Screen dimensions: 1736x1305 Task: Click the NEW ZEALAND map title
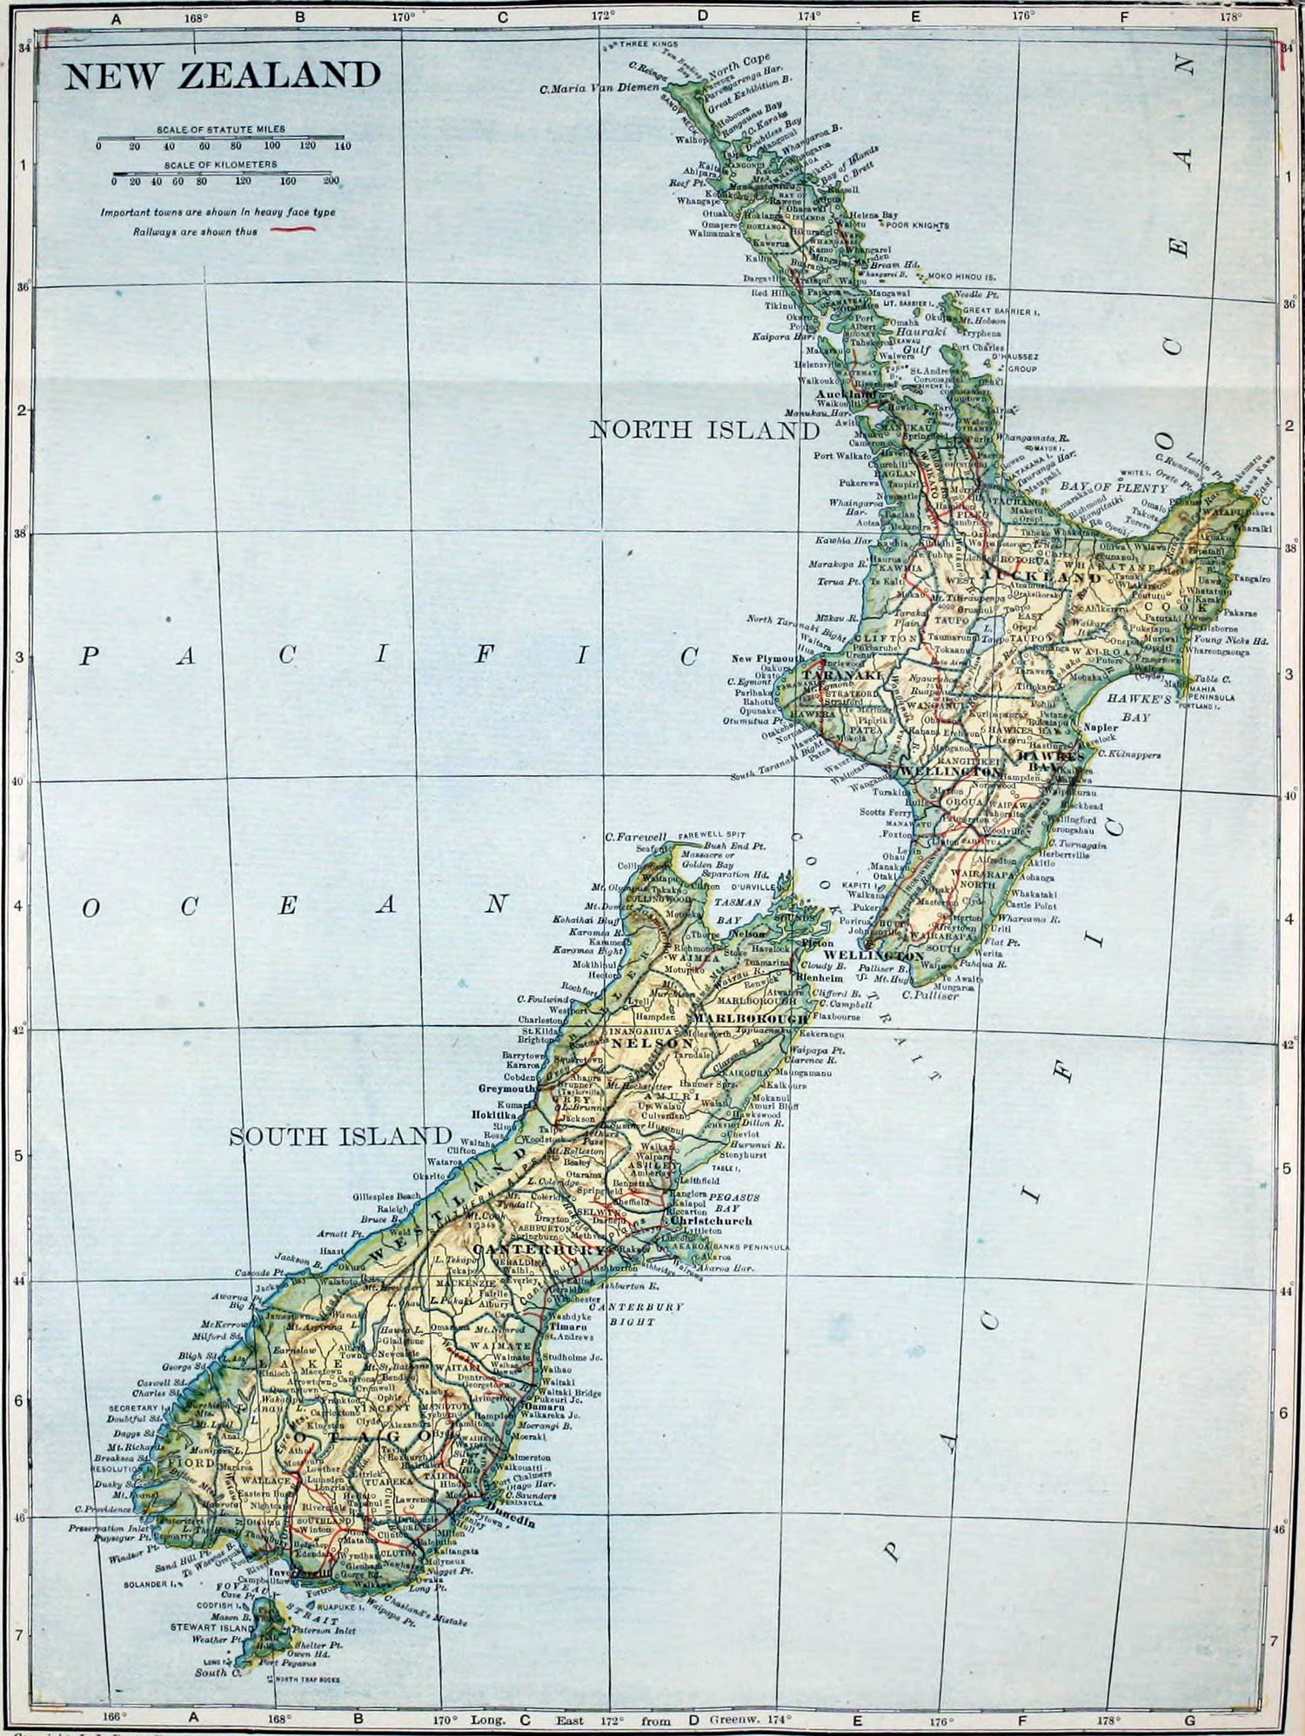[x=223, y=76]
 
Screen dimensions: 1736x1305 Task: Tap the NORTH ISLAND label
[x=705, y=430]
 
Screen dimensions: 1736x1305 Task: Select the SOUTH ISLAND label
[x=340, y=1136]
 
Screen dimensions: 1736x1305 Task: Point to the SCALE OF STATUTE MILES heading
[x=221, y=129]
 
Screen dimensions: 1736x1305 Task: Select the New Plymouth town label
[x=768, y=659]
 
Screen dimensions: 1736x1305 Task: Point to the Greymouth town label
[x=508, y=1088]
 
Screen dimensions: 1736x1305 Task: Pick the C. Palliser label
[x=930, y=995]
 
